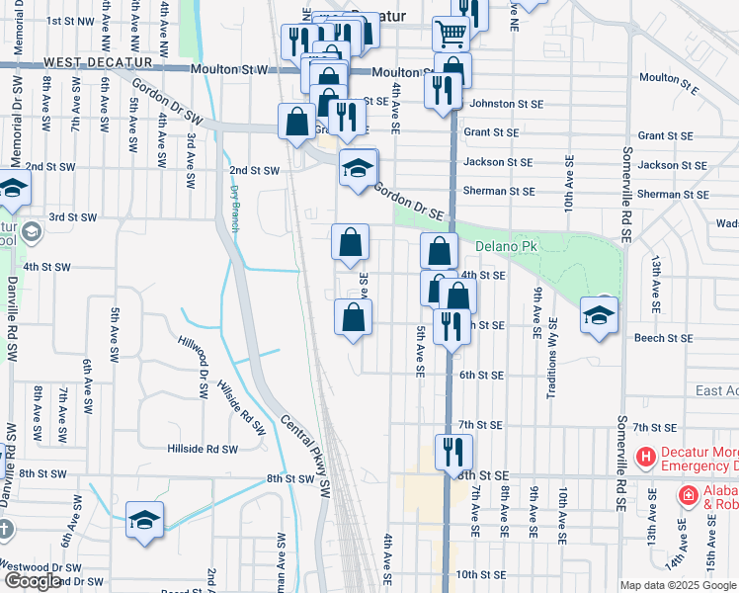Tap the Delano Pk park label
pos(504,246)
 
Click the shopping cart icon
pos(451,35)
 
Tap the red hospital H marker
pos(646,457)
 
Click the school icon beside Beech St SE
pos(599,315)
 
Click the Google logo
pos(32,581)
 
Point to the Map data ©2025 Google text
pos(678,585)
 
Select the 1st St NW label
pos(68,20)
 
